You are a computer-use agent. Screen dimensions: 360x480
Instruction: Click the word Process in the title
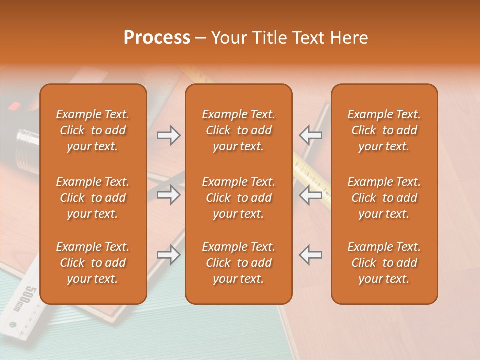[x=157, y=38]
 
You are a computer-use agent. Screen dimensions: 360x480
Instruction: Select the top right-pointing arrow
[x=168, y=135]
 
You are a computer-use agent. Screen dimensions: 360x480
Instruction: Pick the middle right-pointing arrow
[x=168, y=195]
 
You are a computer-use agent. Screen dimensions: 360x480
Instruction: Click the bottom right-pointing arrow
[x=168, y=255]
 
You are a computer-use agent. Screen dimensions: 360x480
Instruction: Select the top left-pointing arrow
[x=310, y=135]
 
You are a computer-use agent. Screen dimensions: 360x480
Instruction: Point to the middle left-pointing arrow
[x=310, y=195]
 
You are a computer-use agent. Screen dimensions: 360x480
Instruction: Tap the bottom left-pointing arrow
[x=310, y=255]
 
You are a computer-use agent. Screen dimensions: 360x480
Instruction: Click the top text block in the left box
[x=93, y=130]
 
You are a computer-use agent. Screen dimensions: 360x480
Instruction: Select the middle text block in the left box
[x=93, y=198]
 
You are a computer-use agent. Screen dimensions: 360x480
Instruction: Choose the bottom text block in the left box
[x=93, y=263]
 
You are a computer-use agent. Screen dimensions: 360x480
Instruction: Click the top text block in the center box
[x=239, y=130]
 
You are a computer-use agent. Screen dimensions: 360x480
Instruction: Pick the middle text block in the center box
[x=239, y=198]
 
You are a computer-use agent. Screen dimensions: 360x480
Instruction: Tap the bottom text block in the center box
[x=239, y=263]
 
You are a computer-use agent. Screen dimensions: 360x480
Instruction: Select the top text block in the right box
[x=384, y=130]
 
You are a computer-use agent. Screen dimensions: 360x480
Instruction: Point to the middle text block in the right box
[x=384, y=198]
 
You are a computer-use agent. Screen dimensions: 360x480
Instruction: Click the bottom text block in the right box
[x=384, y=263]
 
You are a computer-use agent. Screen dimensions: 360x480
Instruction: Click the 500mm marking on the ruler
[x=30, y=299]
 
